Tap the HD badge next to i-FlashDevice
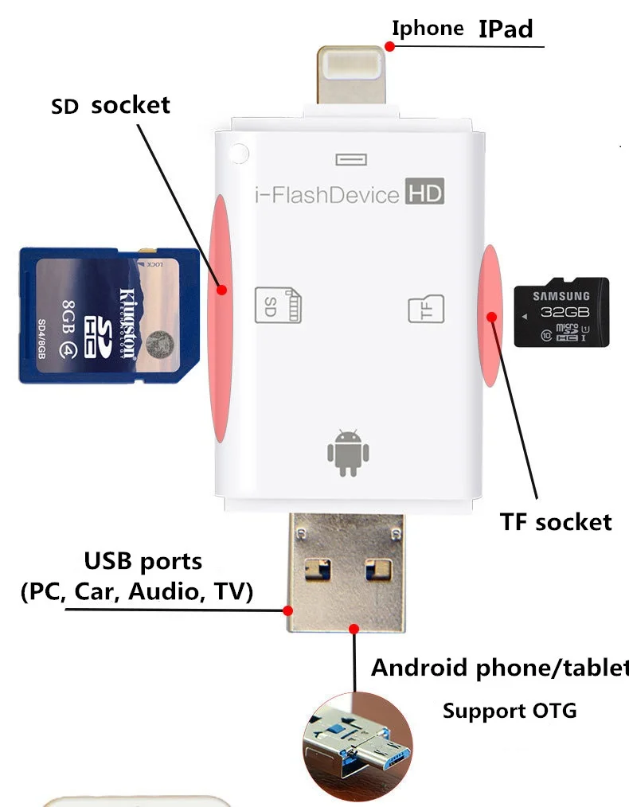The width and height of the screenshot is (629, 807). click(x=424, y=193)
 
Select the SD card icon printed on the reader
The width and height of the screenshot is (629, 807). click(x=278, y=305)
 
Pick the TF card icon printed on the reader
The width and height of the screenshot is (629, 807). click(x=426, y=309)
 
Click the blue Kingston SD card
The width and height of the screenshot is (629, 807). click(x=109, y=315)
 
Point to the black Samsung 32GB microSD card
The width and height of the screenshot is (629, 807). click(x=561, y=311)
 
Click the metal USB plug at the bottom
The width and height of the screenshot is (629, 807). click(x=346, y=572)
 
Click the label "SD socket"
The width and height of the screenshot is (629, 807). click(x=111, y=105)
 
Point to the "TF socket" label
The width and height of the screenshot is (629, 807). click(x=556, y=521)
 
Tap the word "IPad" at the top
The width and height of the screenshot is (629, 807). click(x=505, y=29)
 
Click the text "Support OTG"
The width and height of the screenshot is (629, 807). click(x=509, y=711)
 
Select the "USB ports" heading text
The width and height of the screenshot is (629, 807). click(x=143, y=562)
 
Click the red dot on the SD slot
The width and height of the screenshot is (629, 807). click(x=222, y=290)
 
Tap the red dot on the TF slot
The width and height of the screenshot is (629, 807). click(x=492, y=318)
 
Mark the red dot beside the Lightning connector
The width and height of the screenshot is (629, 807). click(x=389, y=47)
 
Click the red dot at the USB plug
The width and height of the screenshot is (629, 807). click(x=287, y=610)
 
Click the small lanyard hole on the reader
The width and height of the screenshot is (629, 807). click(x=236, y=152)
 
